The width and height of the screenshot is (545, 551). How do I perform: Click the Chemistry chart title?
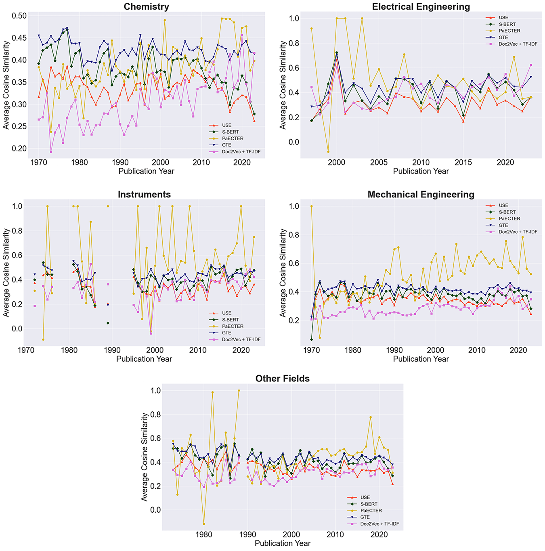(x=146, y=6)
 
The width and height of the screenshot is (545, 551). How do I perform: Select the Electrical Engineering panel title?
(x=421, y=6)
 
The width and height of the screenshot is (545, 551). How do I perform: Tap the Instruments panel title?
(x=144, y=194)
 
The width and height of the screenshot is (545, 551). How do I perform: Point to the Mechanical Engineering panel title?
(x=421, y=194)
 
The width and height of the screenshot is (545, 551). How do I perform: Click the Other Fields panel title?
(x=282, y=378)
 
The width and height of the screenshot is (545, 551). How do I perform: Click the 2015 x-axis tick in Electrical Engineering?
(x=463, y=162)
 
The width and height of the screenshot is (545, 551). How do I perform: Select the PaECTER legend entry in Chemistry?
(x=233, y=138)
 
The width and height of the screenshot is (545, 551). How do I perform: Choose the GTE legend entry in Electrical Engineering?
(x=503, y=37)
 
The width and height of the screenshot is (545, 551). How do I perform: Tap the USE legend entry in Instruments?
(x=226, y=313)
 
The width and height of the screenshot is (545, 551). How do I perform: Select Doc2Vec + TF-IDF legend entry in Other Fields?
(x=379, y=524)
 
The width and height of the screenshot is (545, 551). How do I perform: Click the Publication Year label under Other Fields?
(x=282, y=543)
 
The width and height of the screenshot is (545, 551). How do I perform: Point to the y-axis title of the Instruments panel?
(x=6, y=272)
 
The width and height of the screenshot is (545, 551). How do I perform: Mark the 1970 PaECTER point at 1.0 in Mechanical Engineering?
(x=311, y=206)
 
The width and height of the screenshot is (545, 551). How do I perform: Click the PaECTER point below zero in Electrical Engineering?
(x=328, y=152)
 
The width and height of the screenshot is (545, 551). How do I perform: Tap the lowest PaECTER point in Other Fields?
(x=204, y=524)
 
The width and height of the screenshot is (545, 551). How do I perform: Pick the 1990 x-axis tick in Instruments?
(x=112, y=350)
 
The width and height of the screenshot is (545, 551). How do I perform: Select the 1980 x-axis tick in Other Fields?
(x=204, y=534)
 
